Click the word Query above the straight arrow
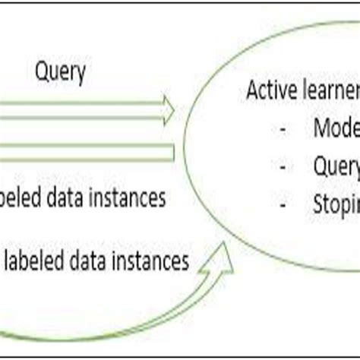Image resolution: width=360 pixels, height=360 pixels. pos(61,74)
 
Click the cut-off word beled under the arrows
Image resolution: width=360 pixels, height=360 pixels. pos(20,199)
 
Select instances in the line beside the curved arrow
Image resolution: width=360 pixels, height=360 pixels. pos(150,262)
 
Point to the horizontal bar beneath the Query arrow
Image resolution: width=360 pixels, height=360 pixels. pos(84,153)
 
